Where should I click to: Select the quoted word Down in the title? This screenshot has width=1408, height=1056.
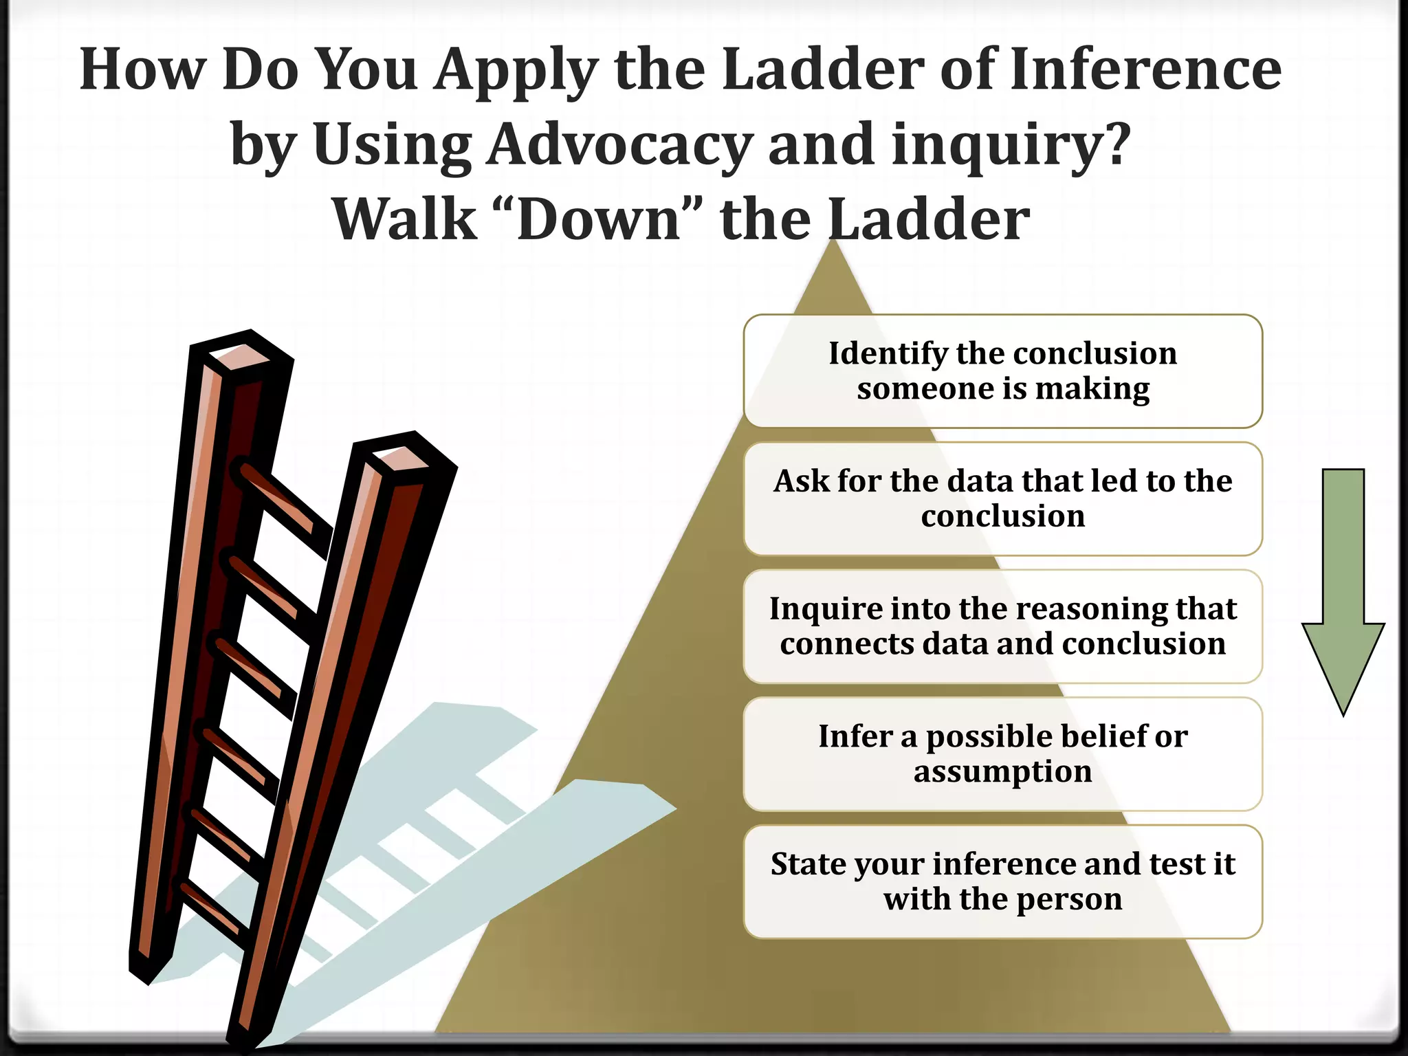599,220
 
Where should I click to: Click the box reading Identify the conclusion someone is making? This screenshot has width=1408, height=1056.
1002,371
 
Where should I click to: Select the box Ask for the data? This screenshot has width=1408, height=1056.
1002,498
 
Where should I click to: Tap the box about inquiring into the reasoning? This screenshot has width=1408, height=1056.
1002,626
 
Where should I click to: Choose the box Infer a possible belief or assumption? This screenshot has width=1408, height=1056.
1002,753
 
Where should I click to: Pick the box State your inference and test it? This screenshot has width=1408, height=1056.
1002,881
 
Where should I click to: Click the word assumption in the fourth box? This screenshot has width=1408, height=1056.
1002,771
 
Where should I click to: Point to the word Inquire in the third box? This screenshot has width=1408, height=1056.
816,609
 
